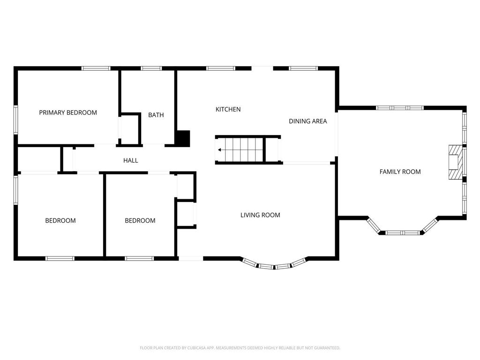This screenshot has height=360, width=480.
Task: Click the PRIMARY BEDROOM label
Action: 68,112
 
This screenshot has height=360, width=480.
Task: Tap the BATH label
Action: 156,115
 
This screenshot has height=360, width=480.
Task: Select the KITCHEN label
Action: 228,109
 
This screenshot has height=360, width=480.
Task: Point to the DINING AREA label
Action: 307,121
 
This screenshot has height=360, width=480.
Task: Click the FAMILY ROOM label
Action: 400,172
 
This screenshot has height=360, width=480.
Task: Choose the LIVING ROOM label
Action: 260,215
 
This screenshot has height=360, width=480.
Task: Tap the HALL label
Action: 130,160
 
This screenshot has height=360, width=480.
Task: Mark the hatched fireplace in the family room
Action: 454,162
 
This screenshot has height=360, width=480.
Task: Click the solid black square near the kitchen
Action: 183,138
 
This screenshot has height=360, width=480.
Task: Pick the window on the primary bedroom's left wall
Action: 15,120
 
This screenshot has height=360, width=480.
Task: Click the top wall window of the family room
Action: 399,108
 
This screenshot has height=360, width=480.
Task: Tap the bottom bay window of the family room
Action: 399,232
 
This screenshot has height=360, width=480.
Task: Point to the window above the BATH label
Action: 151,68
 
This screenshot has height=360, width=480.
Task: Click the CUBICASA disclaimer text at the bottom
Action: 240,348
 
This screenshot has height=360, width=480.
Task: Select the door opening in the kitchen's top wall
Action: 262,68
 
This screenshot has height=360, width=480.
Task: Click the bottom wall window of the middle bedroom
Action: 139,258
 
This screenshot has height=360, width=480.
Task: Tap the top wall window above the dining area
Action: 303,68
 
